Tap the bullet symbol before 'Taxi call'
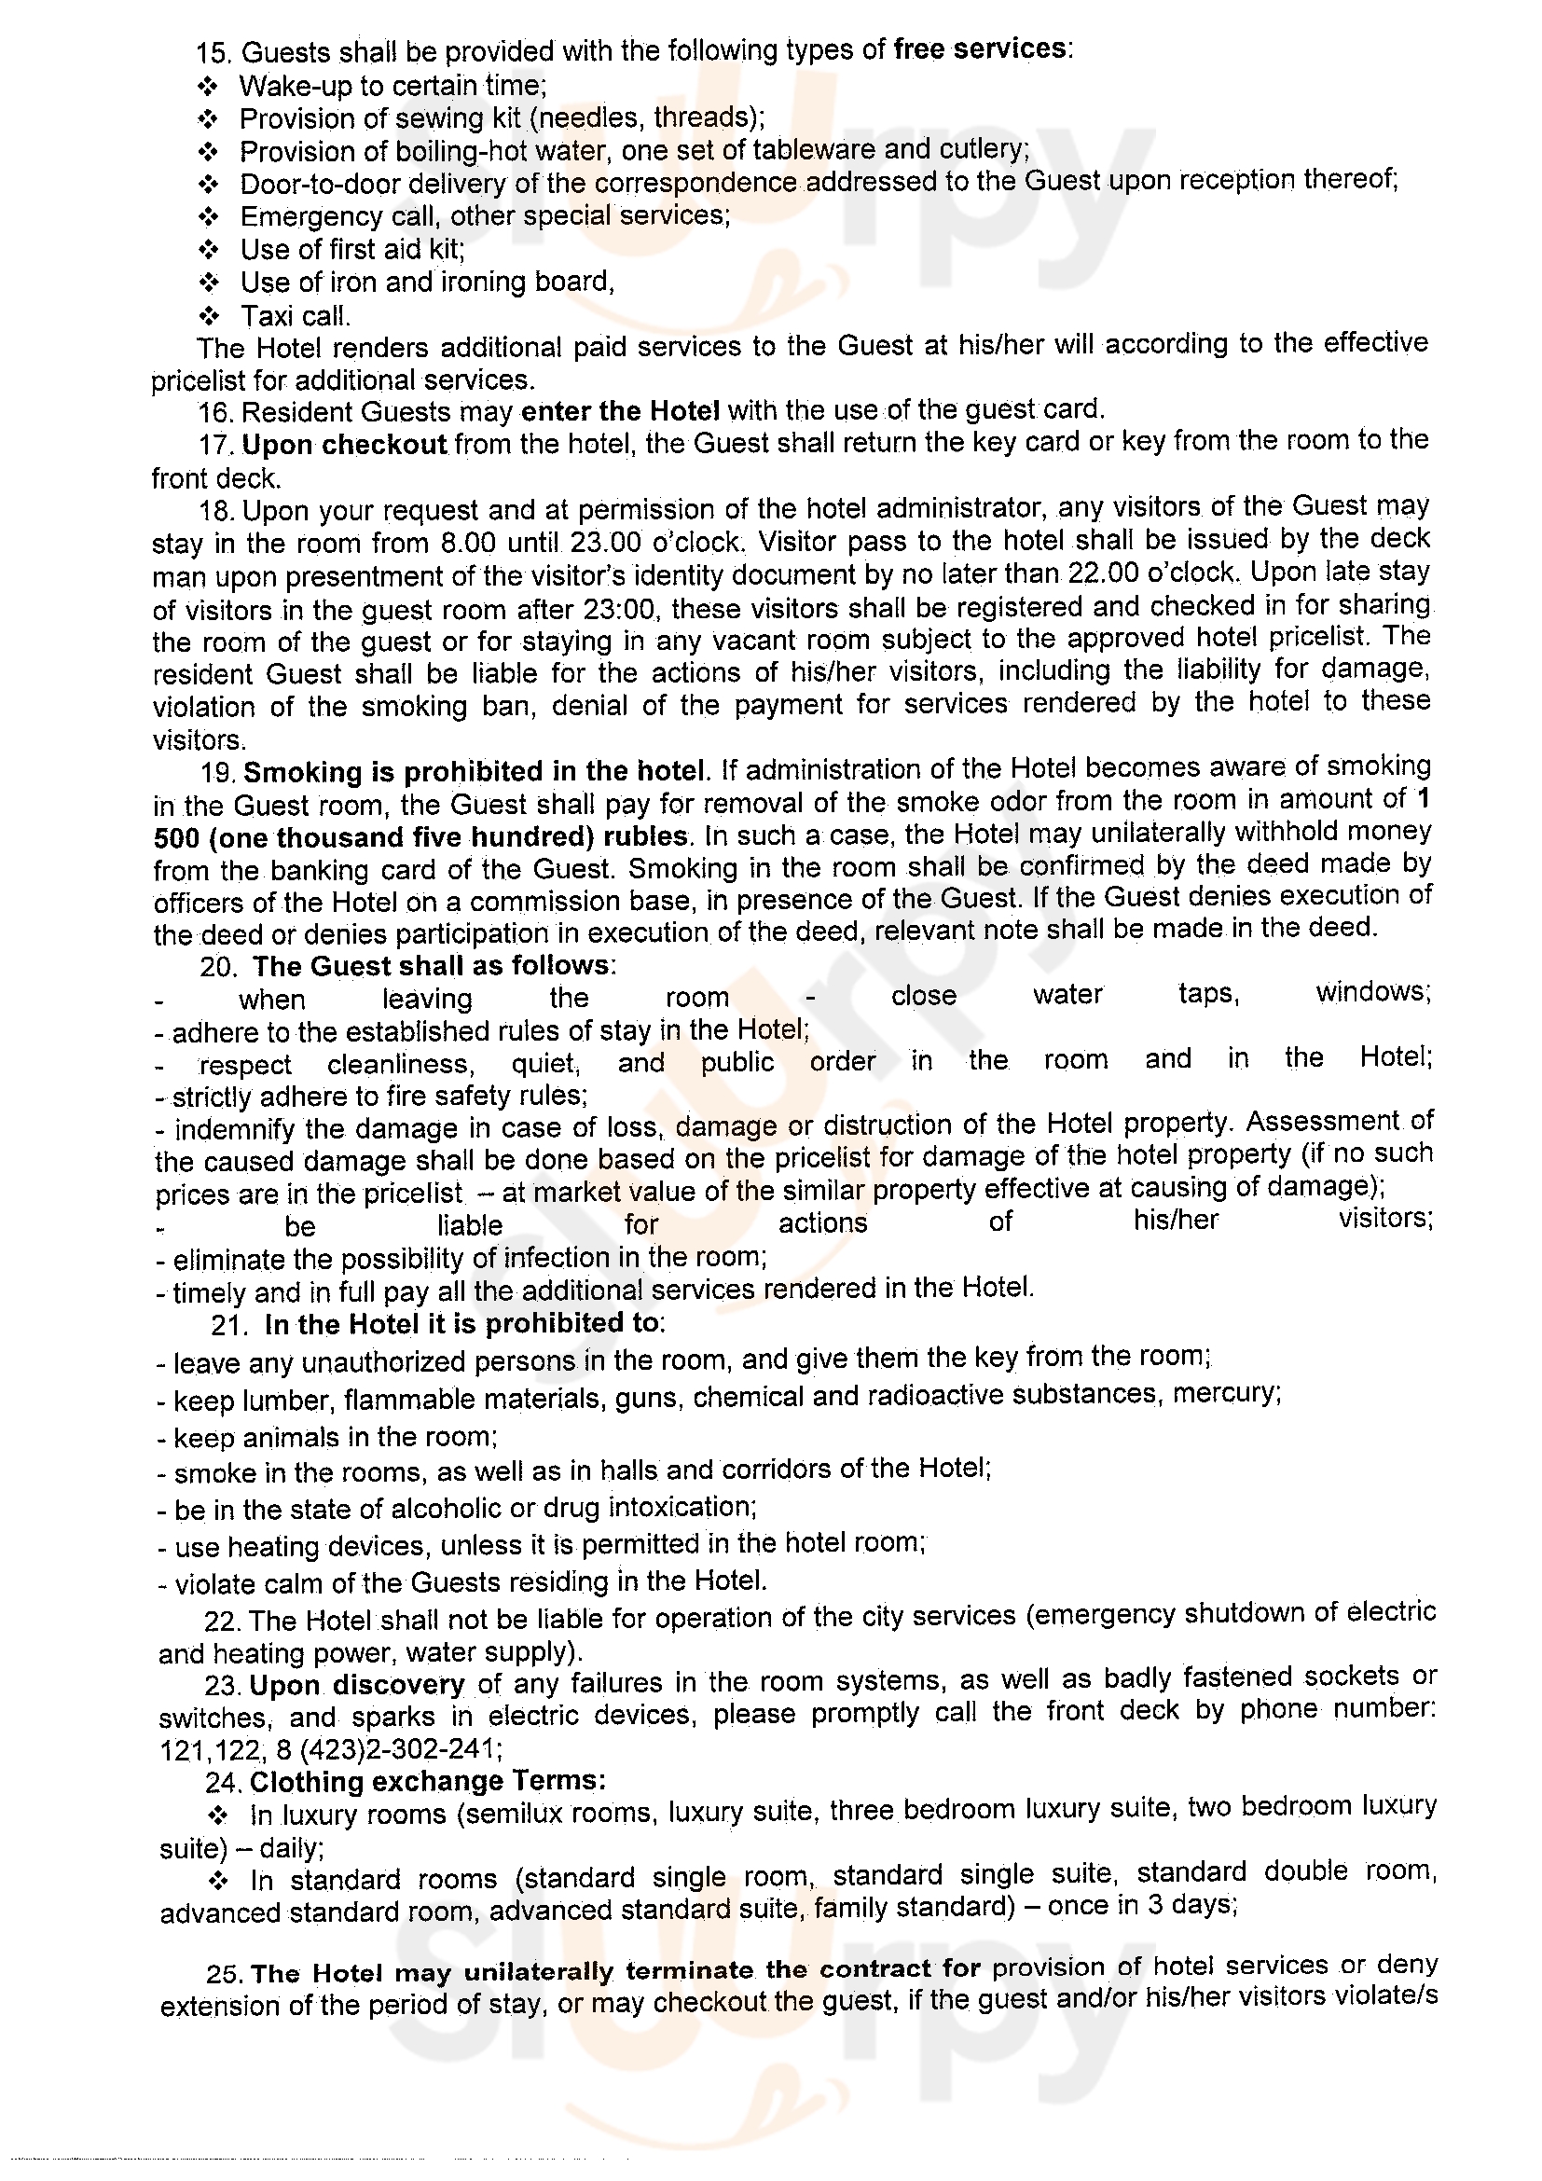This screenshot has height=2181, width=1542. click(x=209, y=315)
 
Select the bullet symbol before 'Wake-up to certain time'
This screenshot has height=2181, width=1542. click(x=208, y=87)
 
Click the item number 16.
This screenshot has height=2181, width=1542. click(x=216, y=412)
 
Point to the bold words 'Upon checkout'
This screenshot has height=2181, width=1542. click(x=345, y=445)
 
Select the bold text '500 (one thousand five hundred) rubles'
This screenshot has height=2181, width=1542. click(x=420, y=836)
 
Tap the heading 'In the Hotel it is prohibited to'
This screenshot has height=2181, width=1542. click(x=461, y=1323)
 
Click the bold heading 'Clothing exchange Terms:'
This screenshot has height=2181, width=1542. click(x=427, y=1781)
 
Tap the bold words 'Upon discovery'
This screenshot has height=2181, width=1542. click(x=357, y=1685)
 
